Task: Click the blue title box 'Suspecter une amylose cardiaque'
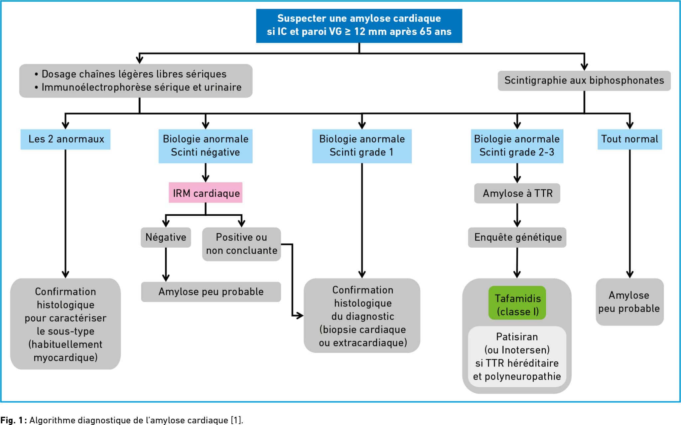(x=359, y=26)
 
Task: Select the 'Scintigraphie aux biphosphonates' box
(x=584, y=81)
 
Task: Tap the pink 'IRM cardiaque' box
(x=205, y=193)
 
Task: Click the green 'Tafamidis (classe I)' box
(x=517, y=303)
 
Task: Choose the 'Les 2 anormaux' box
(x=66, y=139)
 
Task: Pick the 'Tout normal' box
(x=629, y=139)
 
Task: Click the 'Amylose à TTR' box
(x=517, y=193)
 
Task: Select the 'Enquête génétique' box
(x=517, y=237)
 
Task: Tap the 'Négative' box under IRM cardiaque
(x=166, y=237)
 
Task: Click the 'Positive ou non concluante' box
(x=241, y=244)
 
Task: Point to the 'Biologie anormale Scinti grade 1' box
(x=362, y=146)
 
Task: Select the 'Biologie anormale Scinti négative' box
(x=205, y=146)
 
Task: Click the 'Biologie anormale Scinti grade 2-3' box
(x=517, y=146)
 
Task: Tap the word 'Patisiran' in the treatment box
(x=517, y=337)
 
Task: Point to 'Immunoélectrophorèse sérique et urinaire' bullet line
(x=138, y=87)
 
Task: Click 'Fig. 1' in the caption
(x=12, y=420)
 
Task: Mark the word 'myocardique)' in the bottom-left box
(x=66, y=357)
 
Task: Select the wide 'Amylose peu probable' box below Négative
(x=211, y=292)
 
